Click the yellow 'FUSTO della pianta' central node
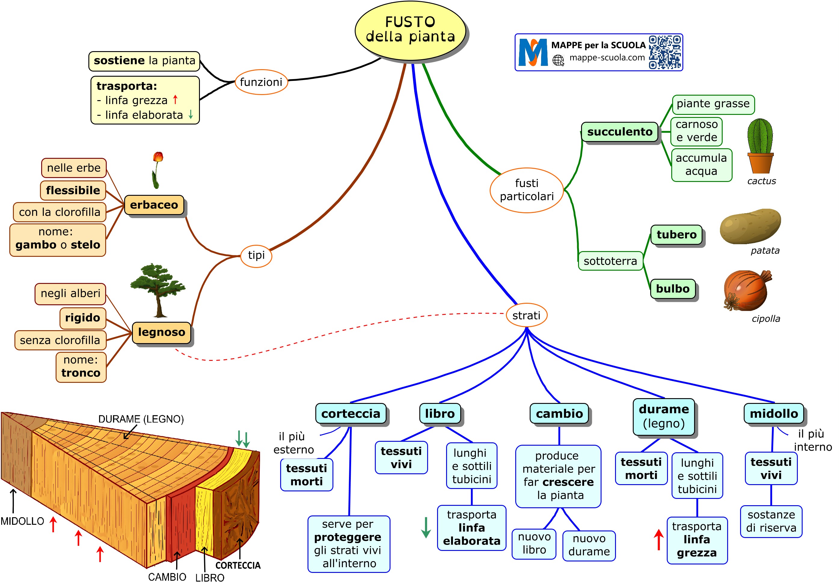[410, 30]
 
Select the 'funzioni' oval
[261, 82]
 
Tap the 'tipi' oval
[256, 255]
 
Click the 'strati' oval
[526, 315]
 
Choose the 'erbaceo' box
[154, 205]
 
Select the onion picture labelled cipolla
[746, 290]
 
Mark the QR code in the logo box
[665, 52]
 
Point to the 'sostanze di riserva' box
[771, 521]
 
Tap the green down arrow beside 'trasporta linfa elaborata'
[426, 527]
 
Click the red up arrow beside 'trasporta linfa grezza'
[658, 539]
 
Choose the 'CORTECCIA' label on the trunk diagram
[238, 565]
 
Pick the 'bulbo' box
[672, 289]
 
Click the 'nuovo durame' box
[589, 545]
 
